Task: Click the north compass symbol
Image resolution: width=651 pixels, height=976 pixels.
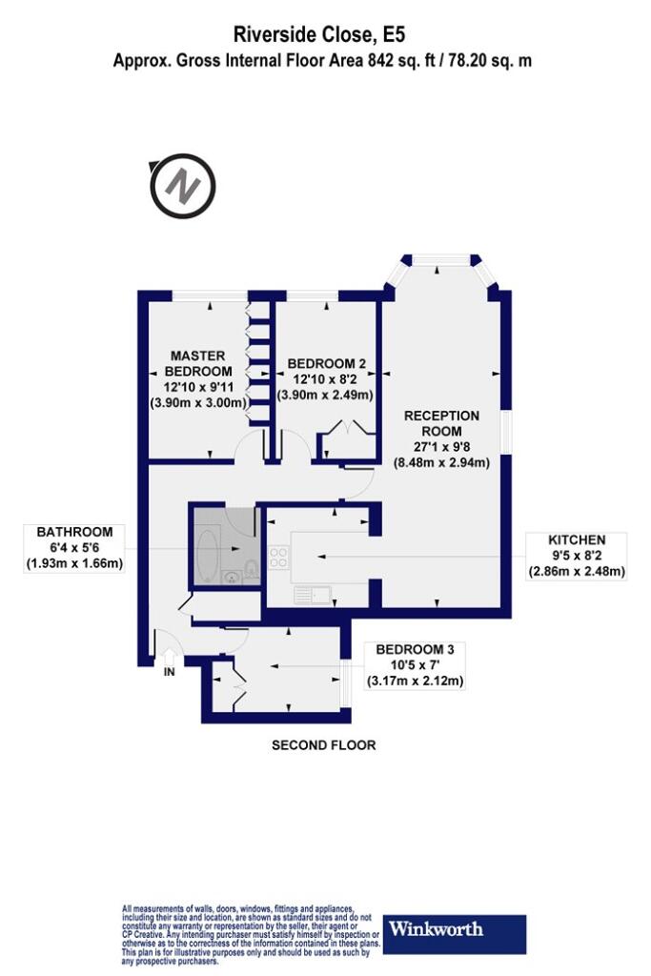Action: tap(182, 186)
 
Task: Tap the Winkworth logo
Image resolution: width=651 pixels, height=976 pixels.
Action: tap(454, 934)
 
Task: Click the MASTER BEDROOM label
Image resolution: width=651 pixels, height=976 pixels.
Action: tap(198, 363)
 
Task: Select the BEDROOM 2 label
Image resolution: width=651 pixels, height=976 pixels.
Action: tap(326, 363)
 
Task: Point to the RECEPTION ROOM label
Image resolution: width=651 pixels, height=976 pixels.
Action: tap(442, 423)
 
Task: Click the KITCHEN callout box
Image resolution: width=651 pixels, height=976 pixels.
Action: tap(577, 556)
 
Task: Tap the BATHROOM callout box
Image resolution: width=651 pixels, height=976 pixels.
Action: tap(74, 548)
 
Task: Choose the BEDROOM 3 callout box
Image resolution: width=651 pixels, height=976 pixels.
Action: tap(416, 665)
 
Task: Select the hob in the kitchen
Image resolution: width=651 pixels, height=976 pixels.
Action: tap(277, 557)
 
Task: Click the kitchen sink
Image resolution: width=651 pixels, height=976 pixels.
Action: tap(313, 596)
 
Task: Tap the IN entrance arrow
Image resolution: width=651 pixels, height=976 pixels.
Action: tap(170, 658)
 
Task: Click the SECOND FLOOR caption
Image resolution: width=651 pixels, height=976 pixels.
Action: tap(324, 745)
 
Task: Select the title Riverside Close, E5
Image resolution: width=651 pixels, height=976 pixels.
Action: tap(319, 34)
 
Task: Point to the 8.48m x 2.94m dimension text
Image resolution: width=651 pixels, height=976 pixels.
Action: tap(442, 462)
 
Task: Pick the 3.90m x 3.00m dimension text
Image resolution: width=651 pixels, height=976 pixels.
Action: tap(199, 403)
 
